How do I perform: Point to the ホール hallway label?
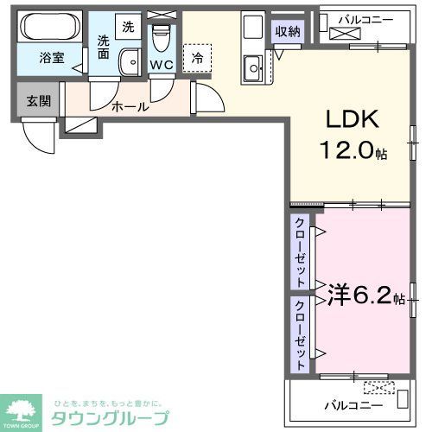pyautogui.click(x=130, y=107)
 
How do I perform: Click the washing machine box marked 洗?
pyautogui.click(x=127, y=27)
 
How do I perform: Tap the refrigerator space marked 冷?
pyautogui.click(x=197, y=59)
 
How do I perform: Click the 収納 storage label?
pyautogui.click(x=288, y=32)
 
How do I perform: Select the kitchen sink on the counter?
pyautogui.click(x=253, y=65)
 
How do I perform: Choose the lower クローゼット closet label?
pyautogui.click(x=300, y=334)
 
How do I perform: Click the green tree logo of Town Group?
pyautogui.click(x=23, y=410)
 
